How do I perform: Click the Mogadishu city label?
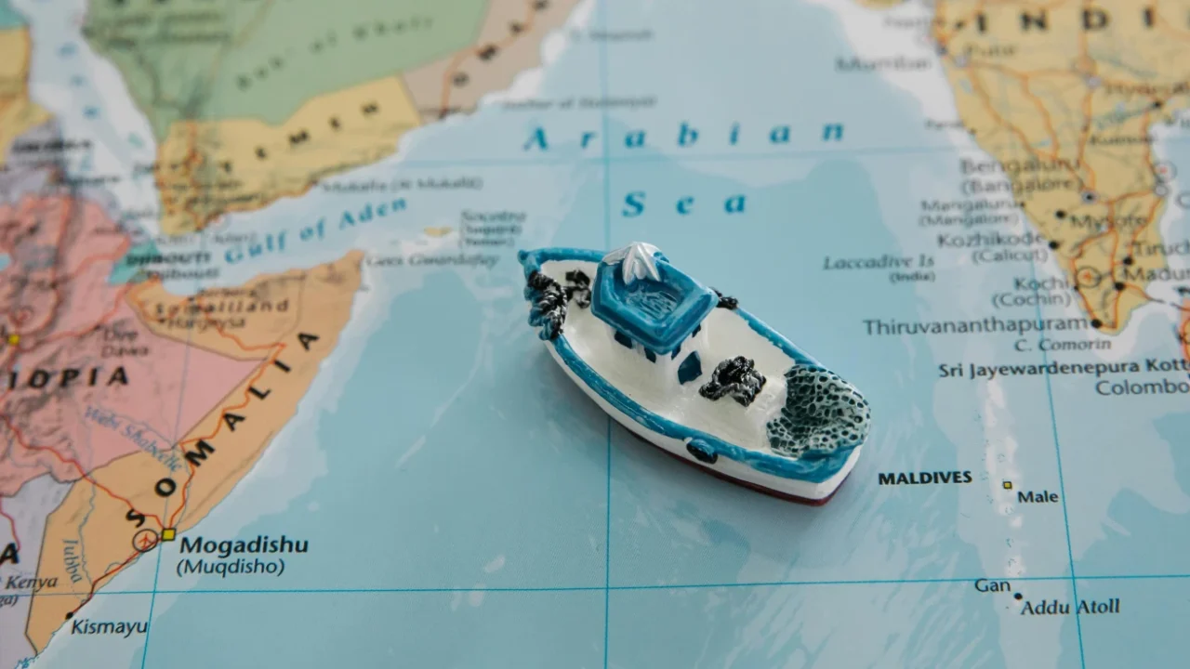(x=243, y=544)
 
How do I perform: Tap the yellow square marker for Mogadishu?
(x=168, y=534)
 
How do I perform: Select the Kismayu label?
(x=109, y=627)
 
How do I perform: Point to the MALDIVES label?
(x=925, y=479)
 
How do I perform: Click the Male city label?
(x=1038, y=497)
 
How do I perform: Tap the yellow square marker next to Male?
(x=1007, y=485)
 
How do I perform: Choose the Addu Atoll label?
(x=1070, y=608)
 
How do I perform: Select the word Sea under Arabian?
(x=684, y=203)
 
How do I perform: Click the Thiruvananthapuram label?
(x=975, y=326)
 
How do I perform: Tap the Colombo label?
(x=1142, y=387)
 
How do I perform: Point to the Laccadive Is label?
(x=879, y=263)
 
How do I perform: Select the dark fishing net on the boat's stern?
(x=818, y=409)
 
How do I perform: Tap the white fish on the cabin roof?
(x=641, y=259)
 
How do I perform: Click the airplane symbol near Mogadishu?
(x=145, y=540)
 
